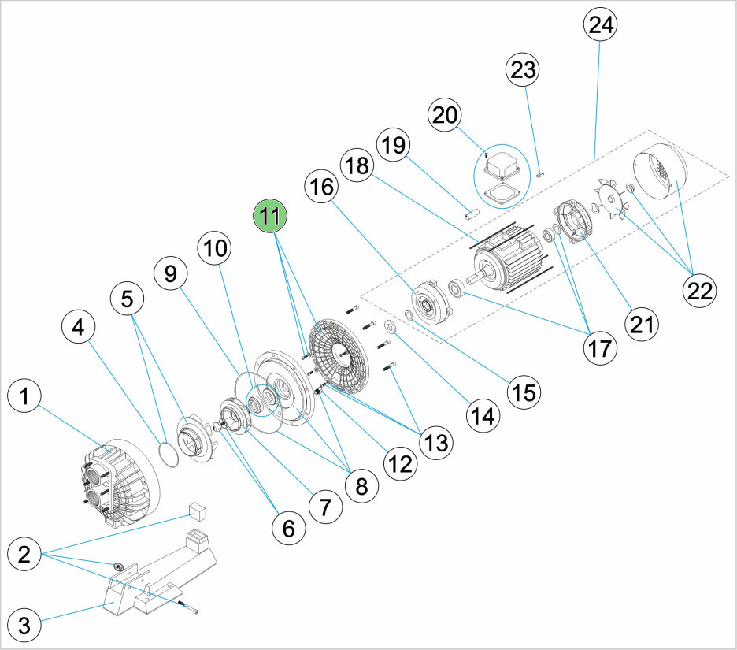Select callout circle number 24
601,24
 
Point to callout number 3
26,626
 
